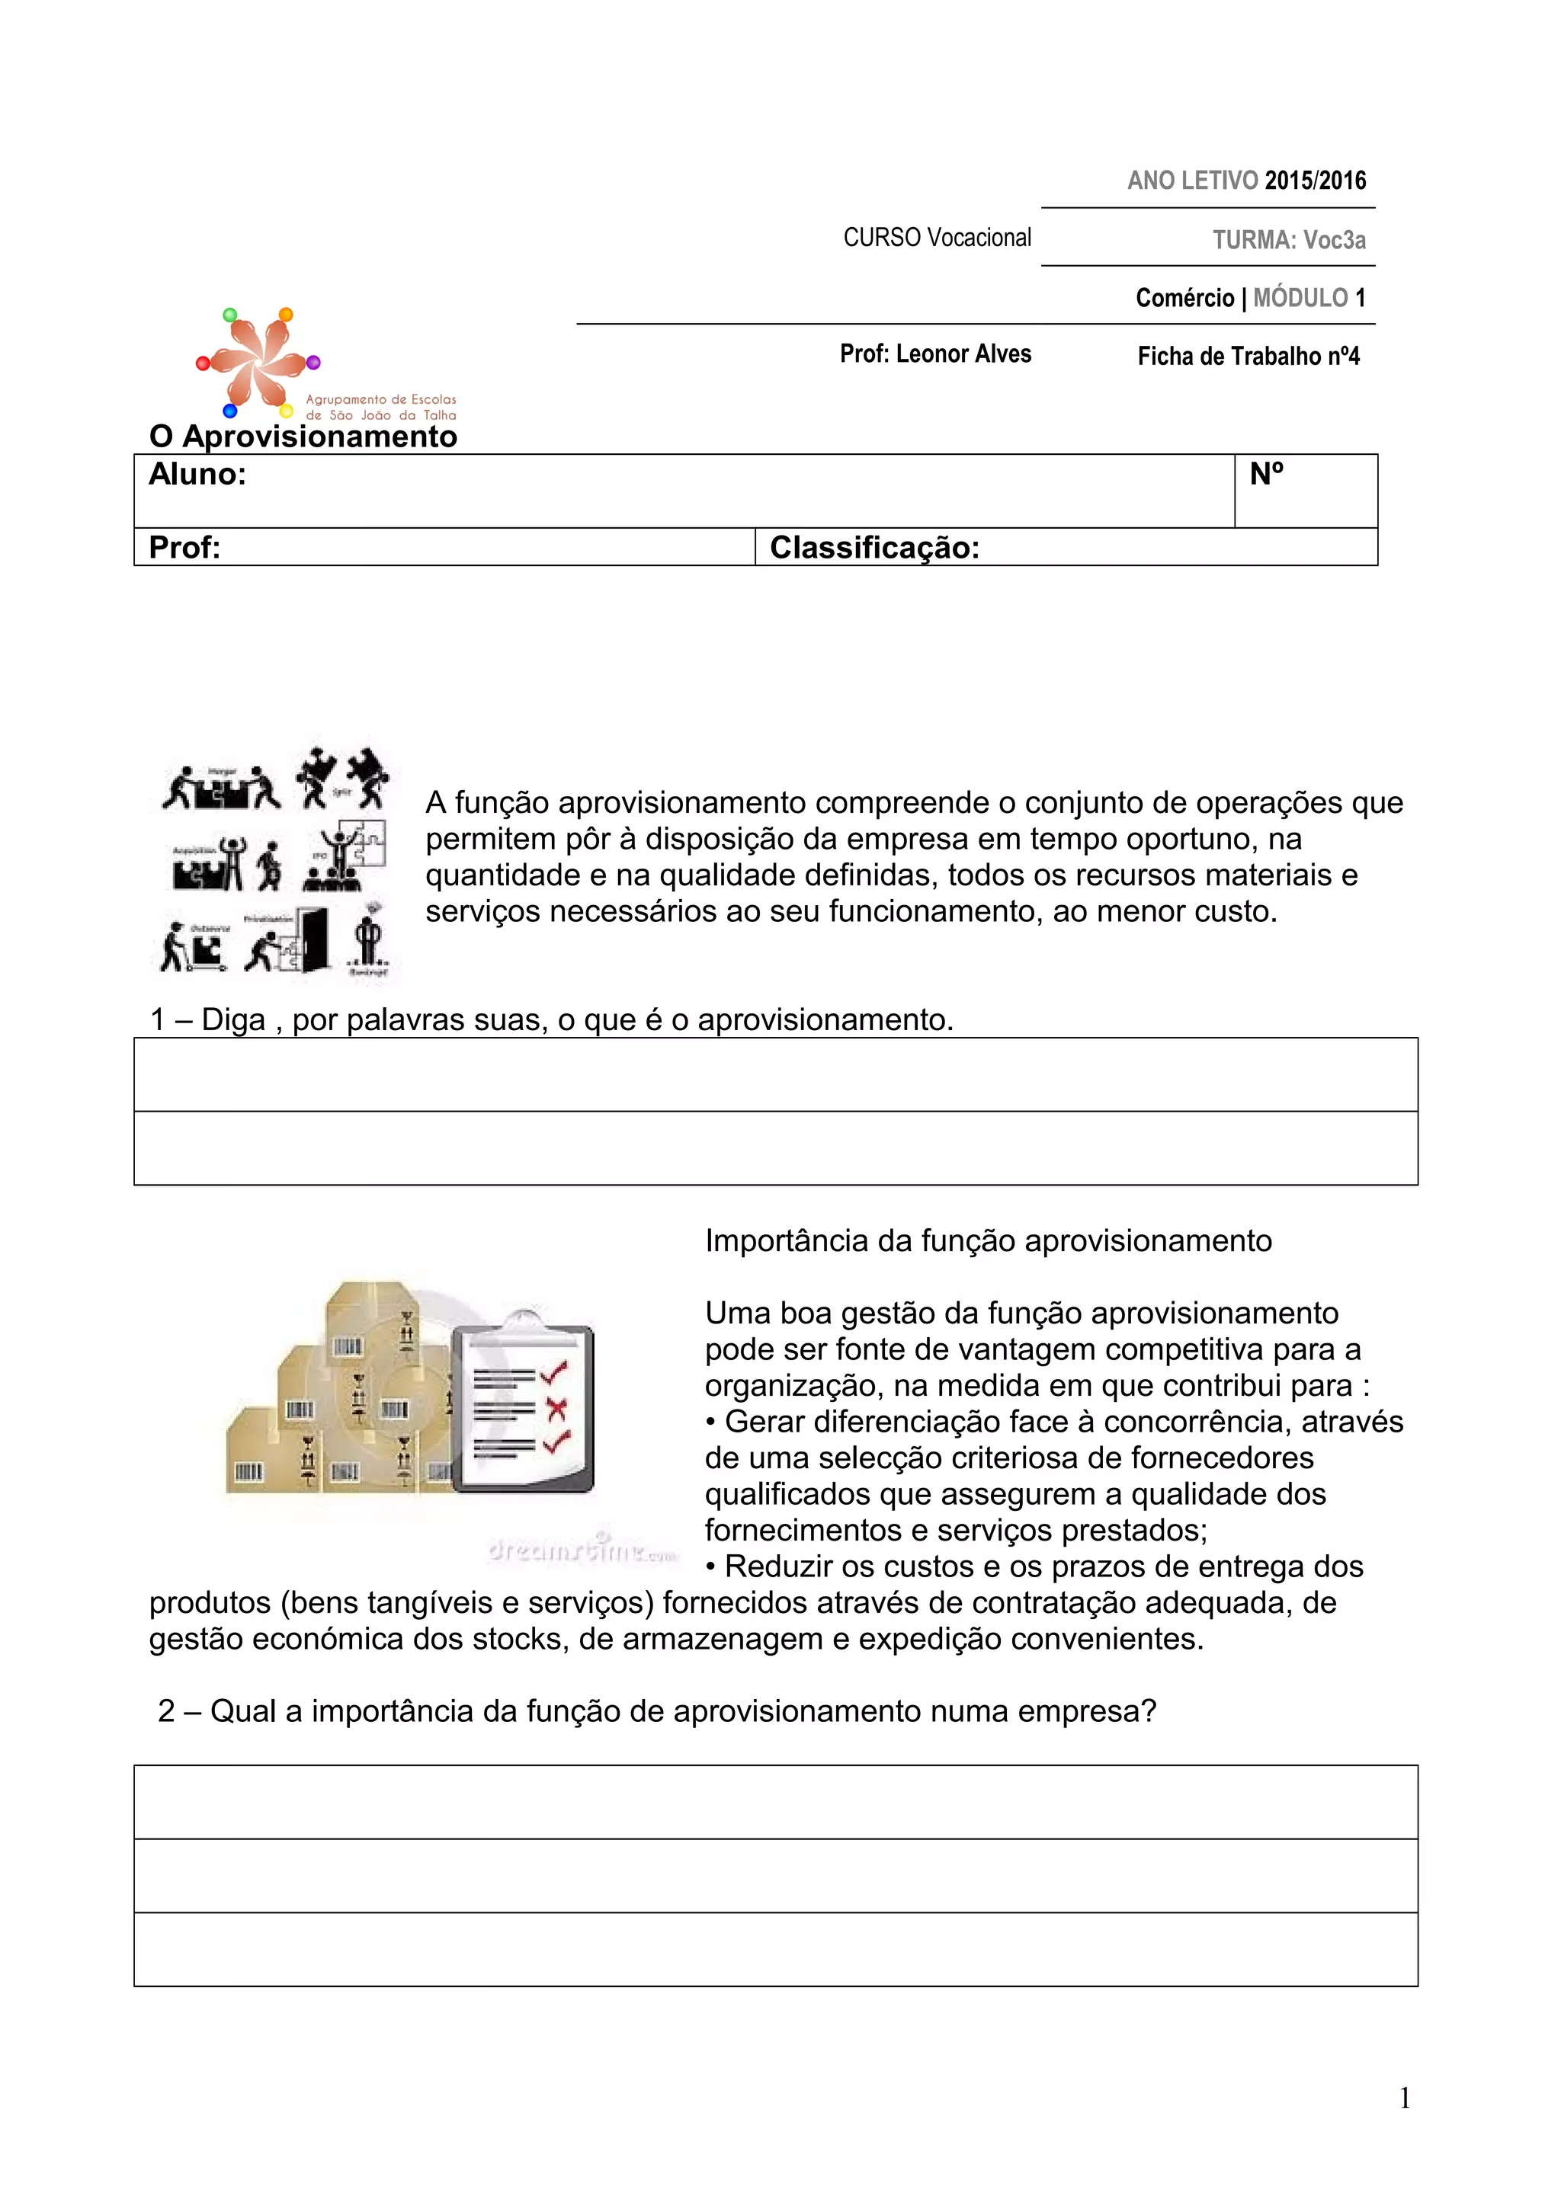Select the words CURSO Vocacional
pos(937,238)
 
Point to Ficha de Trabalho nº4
pos(1248,357)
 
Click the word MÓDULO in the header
pos(1300,298)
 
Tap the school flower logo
pos(258,360)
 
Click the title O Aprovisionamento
pos(303,437)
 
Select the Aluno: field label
pos(197,474)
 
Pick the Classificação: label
pos(874,548)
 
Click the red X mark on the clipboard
pos(556,1410)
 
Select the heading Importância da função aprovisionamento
pos(988,1240)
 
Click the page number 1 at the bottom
pos(1404,2098)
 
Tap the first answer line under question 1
pos(775,1074)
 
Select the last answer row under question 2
pos(775,1949)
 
